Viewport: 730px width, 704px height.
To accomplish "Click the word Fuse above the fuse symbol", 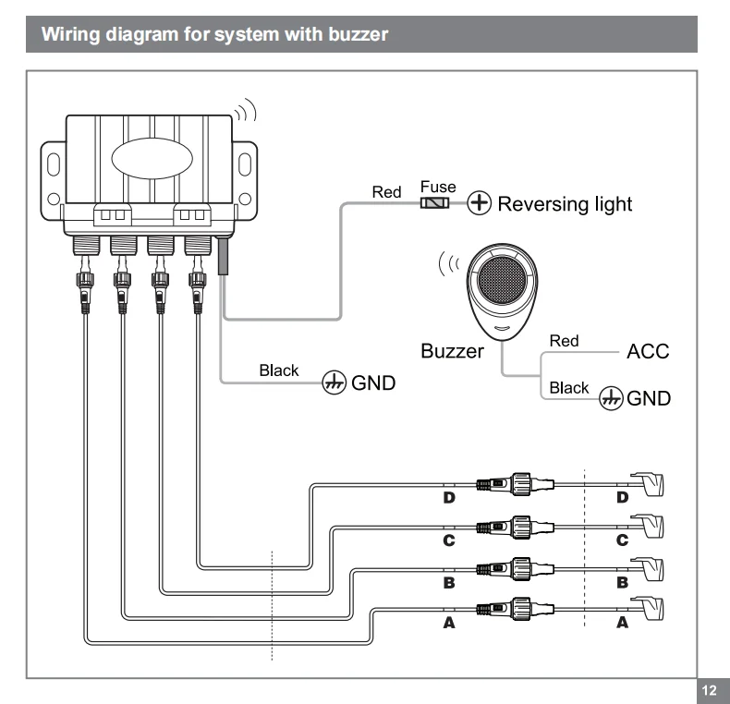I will click(x=438, y=187).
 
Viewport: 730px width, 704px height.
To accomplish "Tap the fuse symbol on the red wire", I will click(x=435, y=203).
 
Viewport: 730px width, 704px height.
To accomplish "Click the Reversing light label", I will click(x=565, y=203).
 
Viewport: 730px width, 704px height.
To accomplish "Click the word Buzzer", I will click(x=452, y=352).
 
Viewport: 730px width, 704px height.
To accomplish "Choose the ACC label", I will click(x=648, y=352).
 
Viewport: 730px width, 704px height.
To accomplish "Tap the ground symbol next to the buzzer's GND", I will click(x=611, y=398).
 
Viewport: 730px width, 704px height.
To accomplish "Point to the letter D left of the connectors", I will click(x=450, y=498).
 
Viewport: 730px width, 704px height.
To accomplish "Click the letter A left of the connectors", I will click(x=450, y=624).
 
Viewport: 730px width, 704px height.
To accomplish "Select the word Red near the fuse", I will click(x=385, y=192).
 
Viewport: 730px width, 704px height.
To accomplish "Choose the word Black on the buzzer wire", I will click(x=568, y=388).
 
